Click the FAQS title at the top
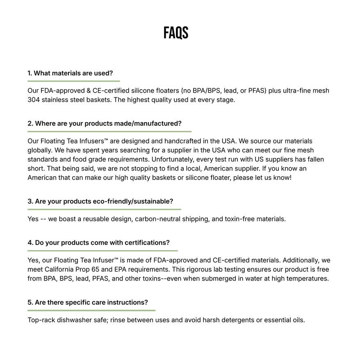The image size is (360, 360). tap(176, 33)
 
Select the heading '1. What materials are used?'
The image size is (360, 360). tap(70, 73)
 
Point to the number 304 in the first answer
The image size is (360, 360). tap(33, 100)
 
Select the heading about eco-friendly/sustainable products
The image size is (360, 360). tap(100, 201)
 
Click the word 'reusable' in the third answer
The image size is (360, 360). tap(96, 219)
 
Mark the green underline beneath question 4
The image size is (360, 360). tap(103, 251)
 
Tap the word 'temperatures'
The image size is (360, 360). tap(308, 279)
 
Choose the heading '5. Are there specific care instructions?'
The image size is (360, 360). tap(88, 303)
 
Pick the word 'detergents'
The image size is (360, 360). tap(238, 320)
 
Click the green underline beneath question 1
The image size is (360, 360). tap(73, 81)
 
